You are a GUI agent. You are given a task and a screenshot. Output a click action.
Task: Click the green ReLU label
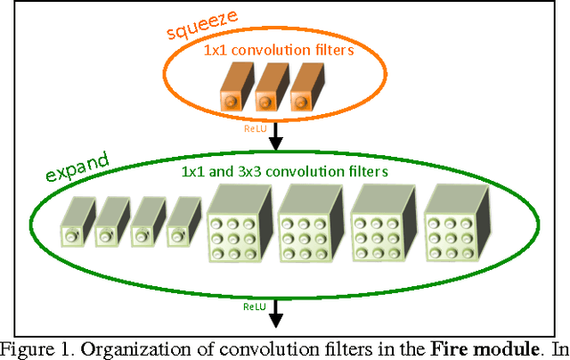254,307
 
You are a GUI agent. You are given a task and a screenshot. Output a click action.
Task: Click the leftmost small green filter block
77,223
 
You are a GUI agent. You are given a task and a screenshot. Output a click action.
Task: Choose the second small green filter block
112,223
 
